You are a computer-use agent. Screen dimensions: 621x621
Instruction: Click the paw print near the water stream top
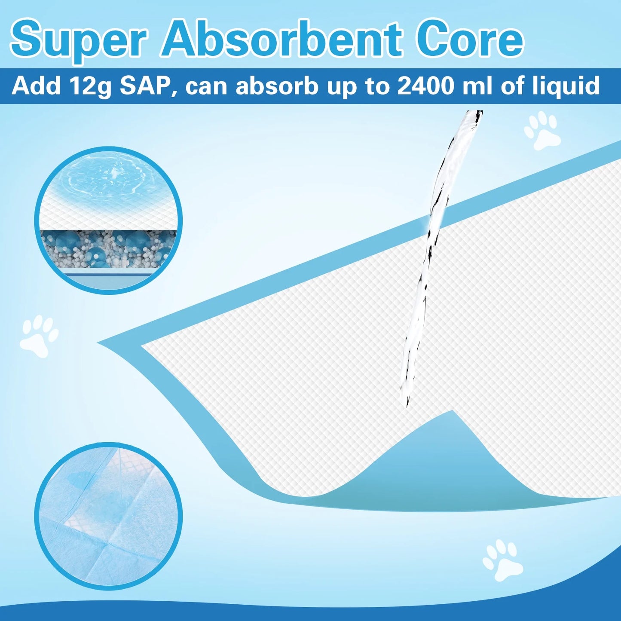point(542,131)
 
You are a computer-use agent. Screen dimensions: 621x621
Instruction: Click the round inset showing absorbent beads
point(108,221)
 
